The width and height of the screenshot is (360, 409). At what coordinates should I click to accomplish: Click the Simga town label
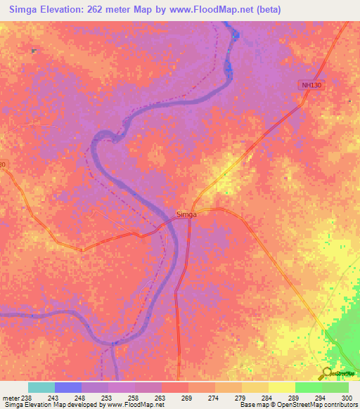click(187, 214)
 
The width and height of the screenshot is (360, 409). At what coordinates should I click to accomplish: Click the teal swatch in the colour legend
click(41, 387)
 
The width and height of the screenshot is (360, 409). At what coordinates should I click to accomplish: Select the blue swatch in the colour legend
click(68, 387)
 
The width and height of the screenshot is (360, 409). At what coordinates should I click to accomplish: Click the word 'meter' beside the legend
click(11, 397)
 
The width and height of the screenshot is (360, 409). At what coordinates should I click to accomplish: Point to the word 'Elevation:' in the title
click(70, 9)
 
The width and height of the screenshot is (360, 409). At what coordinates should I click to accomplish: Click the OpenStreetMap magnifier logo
click(326, 374)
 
